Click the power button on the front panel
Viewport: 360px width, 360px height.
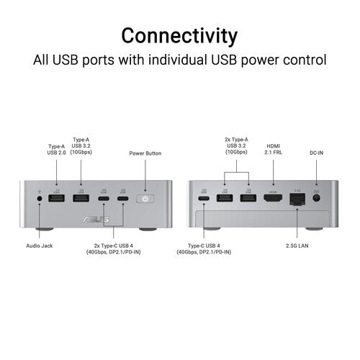click(x=145, y=199)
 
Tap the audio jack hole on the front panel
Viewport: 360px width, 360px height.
click(x=40, y=199)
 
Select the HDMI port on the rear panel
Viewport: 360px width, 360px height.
click(x=273, y=198)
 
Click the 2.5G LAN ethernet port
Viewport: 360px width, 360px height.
click(x=297, y=199)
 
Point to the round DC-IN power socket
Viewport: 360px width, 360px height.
click(x=317, y=198)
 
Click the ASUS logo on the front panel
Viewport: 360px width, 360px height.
click(x=96, y=219)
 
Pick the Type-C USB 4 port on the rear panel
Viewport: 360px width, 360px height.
click(x=204, y=199)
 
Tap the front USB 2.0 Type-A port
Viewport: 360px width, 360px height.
click(x=56, y=198)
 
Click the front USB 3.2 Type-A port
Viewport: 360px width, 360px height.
click(x=81, y=198)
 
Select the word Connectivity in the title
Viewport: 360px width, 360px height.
click(x=179, y=36)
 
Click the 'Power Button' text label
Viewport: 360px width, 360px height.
click(x=145, y=153)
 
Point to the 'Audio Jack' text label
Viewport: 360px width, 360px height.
click(x=40, y=246)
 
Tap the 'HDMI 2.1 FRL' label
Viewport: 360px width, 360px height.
click(x=274, y=149)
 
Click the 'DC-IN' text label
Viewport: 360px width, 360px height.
click(x=316, y=153)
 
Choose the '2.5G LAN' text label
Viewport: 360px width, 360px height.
click(x=297, y=246)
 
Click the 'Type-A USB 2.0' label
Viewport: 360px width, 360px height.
click(x=56, y=150)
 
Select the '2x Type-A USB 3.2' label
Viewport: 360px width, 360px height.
click(x=236, y=145)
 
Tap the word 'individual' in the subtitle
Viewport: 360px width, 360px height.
click(x=177, y=60)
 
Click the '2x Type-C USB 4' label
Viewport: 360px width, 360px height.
click(x=114, y=249)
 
